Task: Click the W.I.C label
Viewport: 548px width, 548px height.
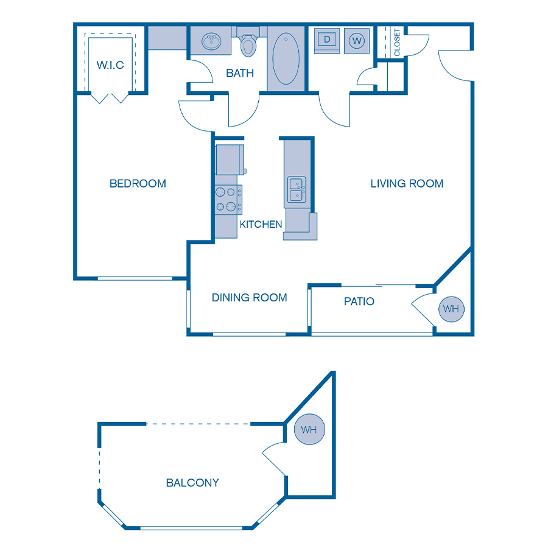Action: [110, 65]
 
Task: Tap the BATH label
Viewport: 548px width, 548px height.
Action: [240, 74]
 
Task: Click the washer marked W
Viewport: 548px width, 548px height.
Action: [357, 41]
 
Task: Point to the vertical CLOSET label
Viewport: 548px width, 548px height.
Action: [397, 42]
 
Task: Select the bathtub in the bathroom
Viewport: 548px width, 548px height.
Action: [286, 58]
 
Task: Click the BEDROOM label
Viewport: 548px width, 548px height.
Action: [138, 183]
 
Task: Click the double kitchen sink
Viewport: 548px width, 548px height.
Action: [297, 189]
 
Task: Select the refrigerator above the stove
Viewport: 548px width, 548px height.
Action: [230, 159]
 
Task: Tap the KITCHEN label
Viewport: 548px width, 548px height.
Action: [261, 225]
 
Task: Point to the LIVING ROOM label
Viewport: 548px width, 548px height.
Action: [407, 183]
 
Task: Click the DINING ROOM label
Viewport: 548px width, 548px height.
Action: [250, 298]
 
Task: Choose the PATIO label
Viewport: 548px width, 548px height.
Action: [359, 301]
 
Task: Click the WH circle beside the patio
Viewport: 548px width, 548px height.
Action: [451, 309]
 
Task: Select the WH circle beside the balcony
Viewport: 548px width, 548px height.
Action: [309, 430]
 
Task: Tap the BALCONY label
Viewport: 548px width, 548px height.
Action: [192, 483]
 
